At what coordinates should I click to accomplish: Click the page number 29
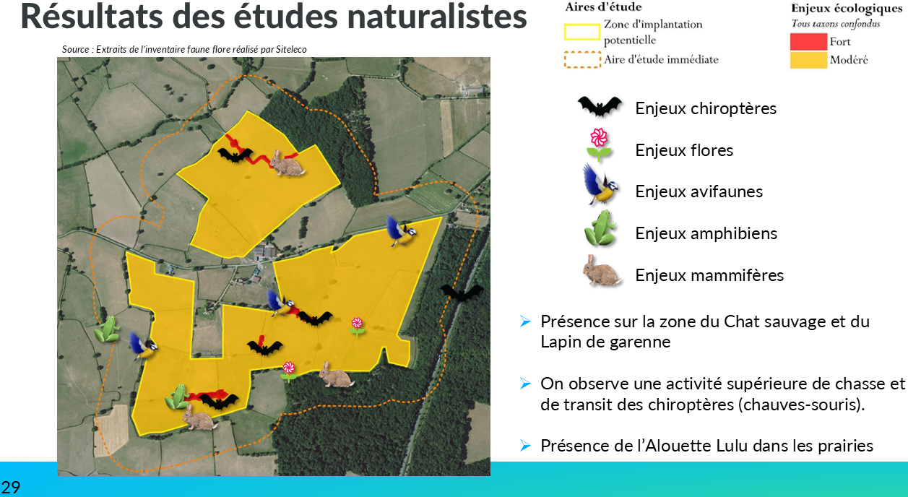point(11,487)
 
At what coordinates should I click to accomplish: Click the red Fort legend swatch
point(808,42)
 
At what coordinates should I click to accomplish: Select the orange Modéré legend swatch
point(808,60)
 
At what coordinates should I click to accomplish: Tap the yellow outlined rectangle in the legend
point(581,32)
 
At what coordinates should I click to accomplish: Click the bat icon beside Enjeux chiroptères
point(600,107)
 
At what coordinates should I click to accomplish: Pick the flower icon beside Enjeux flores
point(599,144)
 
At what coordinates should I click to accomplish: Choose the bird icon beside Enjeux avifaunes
point(600,184)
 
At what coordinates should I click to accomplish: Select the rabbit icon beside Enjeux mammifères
point(601,270)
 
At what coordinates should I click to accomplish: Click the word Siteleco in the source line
point(291,49)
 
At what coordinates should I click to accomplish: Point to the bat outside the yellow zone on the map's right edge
point(462,293)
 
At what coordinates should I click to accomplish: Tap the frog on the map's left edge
point(108,329)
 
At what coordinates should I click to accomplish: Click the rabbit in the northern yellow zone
point(286,163)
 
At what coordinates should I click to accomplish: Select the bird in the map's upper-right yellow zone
point(400,230)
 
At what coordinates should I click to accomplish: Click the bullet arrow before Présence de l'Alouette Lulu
point(525,446)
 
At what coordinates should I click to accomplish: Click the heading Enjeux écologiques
point(847,9)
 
